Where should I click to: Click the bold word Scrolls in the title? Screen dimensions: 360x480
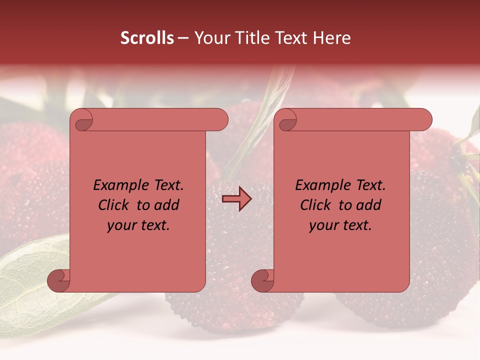[147, 38]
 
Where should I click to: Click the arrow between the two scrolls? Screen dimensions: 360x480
[236, 199]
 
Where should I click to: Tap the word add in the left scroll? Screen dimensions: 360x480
[166, 205]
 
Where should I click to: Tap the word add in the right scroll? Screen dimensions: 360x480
[368, 205]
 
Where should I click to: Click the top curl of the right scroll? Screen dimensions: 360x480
[287, 120]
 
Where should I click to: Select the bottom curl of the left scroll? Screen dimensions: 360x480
[58, 280]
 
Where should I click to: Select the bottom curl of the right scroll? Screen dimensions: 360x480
[262, 280]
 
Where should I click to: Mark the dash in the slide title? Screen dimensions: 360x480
[183, 38]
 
